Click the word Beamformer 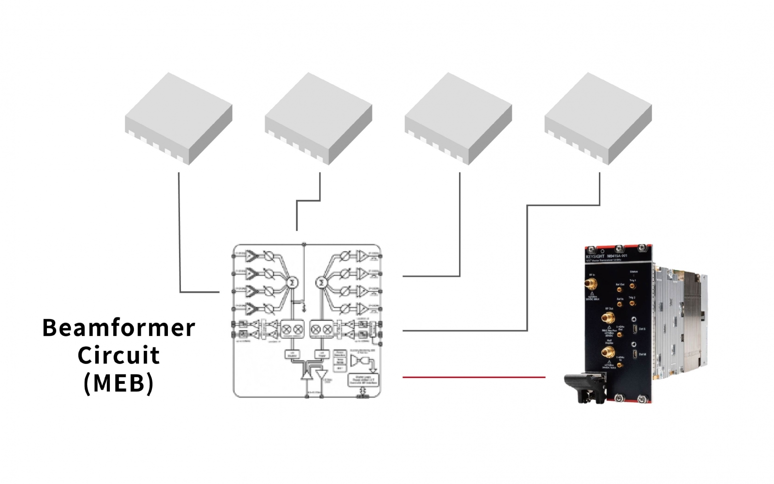click(119, 328)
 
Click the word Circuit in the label click(119, 356)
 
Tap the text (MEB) click(119, 383)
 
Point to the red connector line click(474, 377)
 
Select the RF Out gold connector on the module click(605, 318)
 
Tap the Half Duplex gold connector click(605, 352)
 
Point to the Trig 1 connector click(632, 287)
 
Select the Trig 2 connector click(632, 304)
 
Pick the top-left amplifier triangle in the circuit click(251, 255)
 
